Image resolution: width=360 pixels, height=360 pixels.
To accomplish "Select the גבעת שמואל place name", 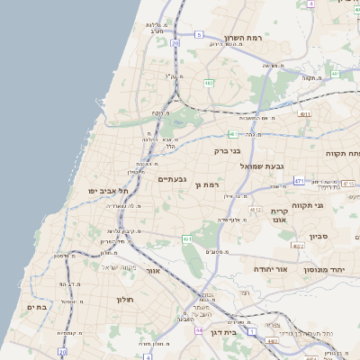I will tap(263, 166).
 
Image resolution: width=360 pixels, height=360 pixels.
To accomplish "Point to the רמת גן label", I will tap(207, 184).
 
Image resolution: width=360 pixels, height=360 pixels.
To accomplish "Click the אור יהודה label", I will tap(269, 268).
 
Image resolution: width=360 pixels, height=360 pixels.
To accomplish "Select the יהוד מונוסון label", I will tap(328, 269).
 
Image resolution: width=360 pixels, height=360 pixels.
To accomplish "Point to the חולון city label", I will tap(124, 299).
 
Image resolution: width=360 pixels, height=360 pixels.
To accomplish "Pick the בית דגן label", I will tap(235, 332).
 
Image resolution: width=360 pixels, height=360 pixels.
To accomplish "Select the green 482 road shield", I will tap(209, 83).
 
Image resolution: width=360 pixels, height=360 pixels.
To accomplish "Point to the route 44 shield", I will tap(197, 329).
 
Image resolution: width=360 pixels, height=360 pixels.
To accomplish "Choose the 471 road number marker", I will tap(299, 181).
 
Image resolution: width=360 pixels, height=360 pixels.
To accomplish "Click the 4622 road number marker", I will tap(298, 245).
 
